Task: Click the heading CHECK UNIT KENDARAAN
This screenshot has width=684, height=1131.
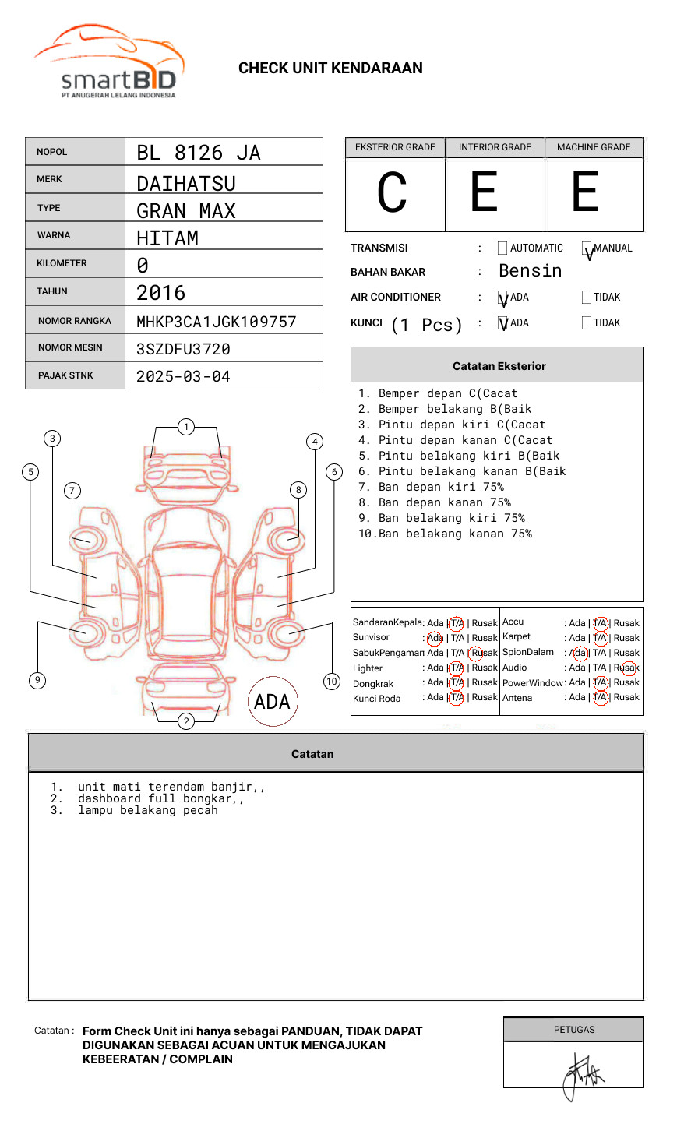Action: [x=330, y=69]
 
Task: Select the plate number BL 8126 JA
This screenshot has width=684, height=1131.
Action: [x=199, y=153]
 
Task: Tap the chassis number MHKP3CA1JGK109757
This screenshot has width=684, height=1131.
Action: [x=217, y=322]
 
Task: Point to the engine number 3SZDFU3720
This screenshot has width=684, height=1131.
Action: [x=183, y=349]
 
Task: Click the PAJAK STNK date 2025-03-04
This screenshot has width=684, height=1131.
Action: [x=183, y=376]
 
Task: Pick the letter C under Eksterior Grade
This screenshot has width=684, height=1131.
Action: [x=392, y=193]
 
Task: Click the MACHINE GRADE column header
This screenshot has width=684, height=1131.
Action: [x=594, y=147]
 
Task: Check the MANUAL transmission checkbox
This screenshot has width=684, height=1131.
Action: [x=587, y=248]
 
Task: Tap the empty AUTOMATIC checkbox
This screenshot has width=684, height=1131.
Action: [x=502, y=248]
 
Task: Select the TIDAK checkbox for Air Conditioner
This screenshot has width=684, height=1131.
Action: [x=587, y=298]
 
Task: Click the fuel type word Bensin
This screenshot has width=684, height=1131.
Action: [x=530, y=271]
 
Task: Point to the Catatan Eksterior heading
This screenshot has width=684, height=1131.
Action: [x=499, y=366]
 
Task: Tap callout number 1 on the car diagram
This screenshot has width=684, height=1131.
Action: [x=185, y=426]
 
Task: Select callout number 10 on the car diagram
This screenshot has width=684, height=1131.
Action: [x=332, y=682]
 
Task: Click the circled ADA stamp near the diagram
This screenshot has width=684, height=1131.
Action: [x=272, y=702]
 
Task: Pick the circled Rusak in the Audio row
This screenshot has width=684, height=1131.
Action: [x=628, y=668]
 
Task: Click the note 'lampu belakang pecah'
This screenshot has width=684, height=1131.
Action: [x=148, y=810]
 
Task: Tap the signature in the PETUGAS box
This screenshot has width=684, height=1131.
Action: [x=580, y=1075]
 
